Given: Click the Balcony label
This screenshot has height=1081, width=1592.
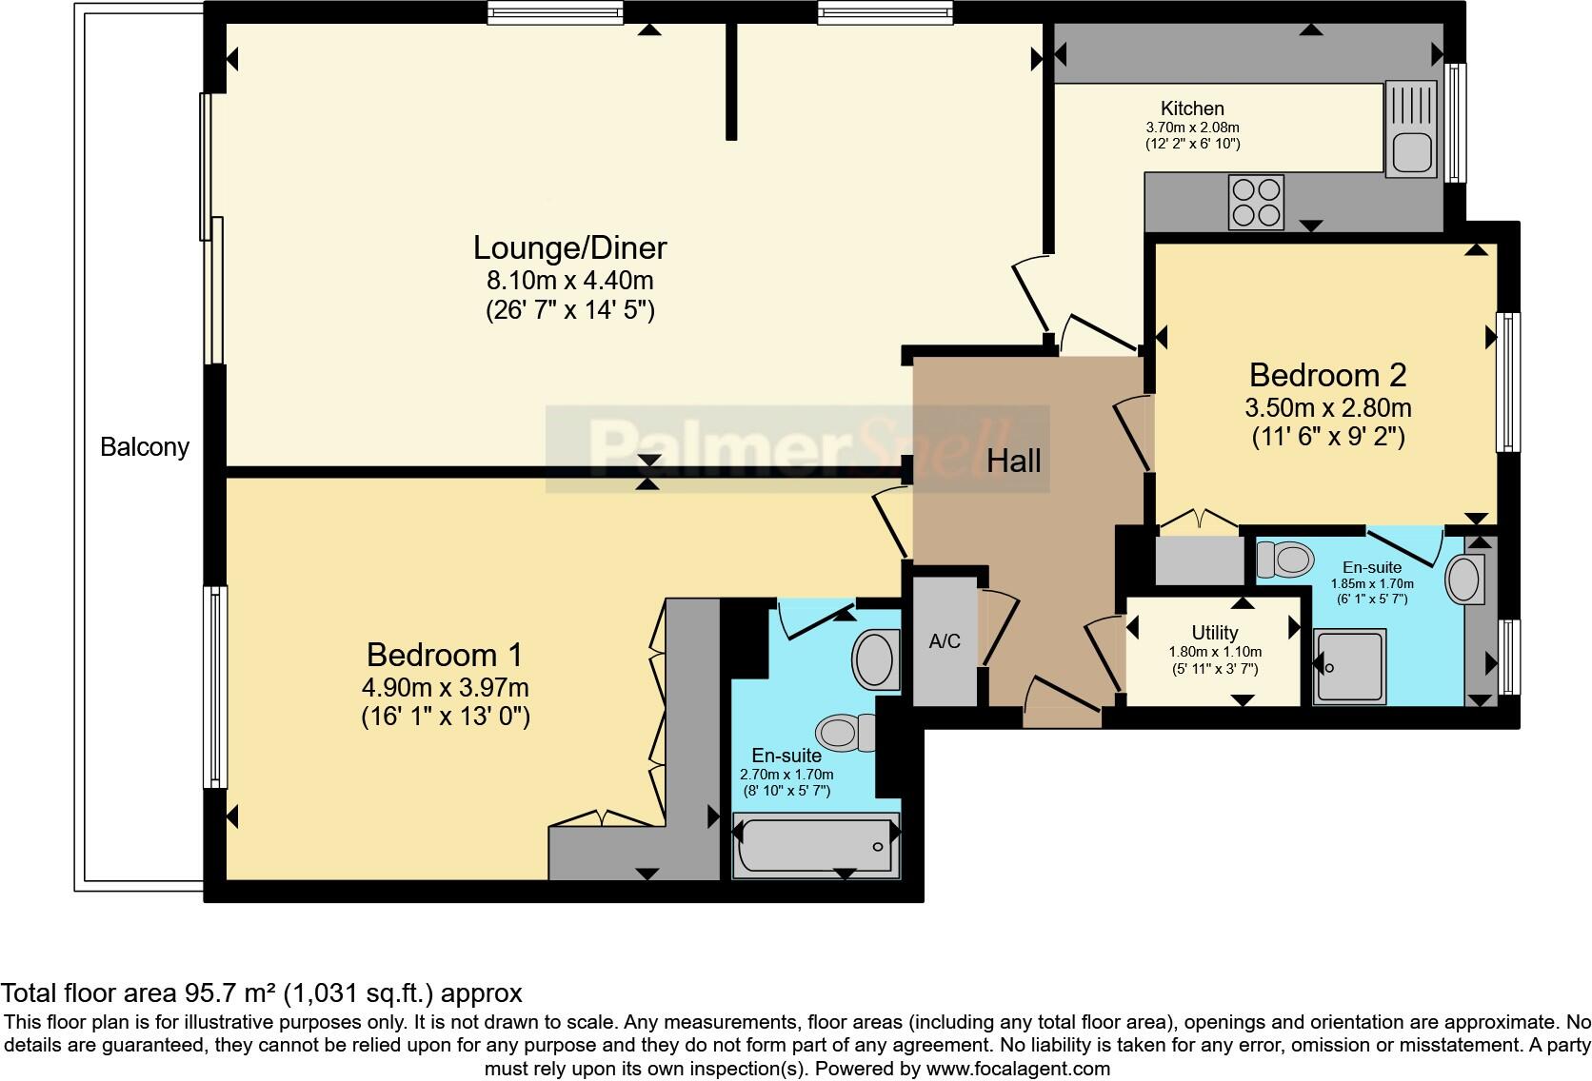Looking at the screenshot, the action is point(145,446).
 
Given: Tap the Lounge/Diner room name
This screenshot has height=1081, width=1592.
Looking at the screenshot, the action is point(570,247).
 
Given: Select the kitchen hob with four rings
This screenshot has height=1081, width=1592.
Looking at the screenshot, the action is point(1256,203).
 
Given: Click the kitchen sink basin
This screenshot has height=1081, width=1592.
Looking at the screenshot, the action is point(1411,152).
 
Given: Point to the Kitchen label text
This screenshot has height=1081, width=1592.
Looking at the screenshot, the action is point(1192,108).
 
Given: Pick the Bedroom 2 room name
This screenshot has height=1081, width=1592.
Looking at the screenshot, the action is point(1327,375).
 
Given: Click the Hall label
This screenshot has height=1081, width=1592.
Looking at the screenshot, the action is point(1013,462).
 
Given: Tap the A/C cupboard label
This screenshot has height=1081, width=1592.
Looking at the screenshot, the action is point(945,641).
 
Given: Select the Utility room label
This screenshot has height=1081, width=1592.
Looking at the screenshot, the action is point(1215,632).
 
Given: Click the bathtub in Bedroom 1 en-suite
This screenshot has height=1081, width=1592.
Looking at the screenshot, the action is point(816,845).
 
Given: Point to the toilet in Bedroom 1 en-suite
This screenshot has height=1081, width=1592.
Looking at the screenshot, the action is point(846,733).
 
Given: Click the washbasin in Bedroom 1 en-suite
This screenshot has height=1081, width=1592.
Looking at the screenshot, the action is point(876,659).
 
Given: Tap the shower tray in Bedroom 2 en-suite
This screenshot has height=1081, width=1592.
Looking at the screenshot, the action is point(1349,666).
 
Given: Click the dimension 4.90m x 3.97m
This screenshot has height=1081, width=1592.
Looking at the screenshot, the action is point(445,688).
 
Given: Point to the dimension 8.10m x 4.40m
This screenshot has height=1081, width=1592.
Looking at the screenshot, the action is point(570,281).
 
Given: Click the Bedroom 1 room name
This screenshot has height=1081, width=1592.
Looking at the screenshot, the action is point(445,655).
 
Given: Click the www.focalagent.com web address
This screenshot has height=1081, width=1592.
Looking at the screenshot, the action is point(1019,1069).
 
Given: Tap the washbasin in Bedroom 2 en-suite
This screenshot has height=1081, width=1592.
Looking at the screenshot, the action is point(1463,579).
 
